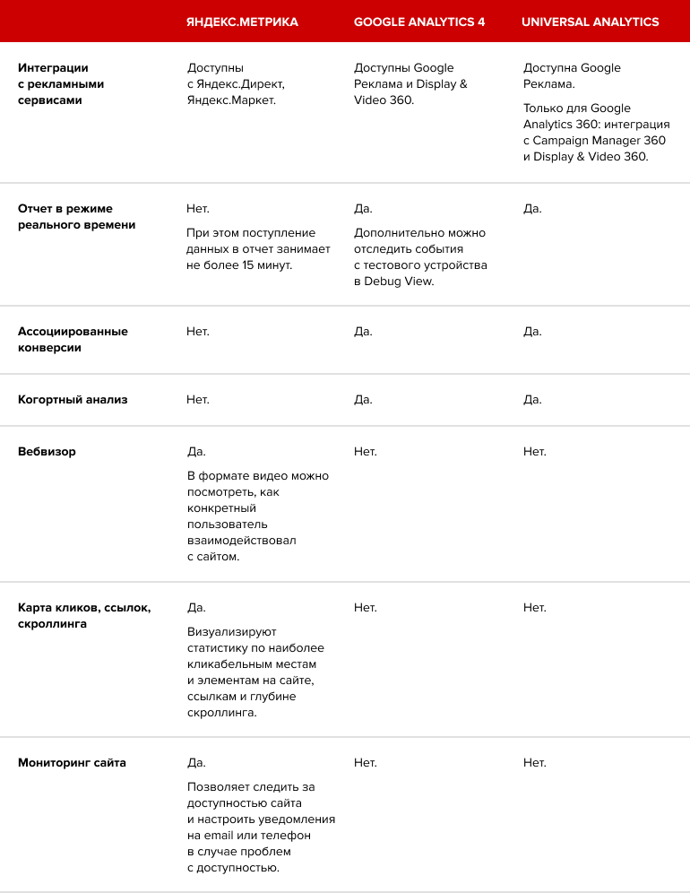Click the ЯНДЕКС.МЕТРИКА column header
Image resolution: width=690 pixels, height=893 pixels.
coord(242,22)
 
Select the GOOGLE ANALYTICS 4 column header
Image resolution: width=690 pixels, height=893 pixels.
coord(419,22)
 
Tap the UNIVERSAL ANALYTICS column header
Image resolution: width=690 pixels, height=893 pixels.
coord(591,22)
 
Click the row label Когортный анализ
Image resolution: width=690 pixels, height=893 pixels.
coord(73,400)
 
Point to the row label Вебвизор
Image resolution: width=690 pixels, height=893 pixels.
coord(47,452)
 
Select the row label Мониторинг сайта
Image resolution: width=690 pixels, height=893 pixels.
coord(72,763)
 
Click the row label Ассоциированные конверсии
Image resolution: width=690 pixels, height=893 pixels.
coord(73,340)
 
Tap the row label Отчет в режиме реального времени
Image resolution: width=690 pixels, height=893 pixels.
coord(77,217)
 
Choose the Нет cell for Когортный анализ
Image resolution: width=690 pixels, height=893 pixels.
coord(198,400)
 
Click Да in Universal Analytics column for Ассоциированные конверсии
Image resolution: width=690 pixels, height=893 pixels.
coord(532,332)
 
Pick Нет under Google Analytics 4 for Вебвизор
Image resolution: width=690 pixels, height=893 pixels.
coord(365,452)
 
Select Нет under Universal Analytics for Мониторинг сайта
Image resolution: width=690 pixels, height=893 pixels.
coord(534,763)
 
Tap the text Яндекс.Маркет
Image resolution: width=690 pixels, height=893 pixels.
coord(231,100)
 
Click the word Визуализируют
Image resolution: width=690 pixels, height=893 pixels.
coord(232,632)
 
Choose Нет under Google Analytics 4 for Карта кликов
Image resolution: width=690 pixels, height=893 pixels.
coord(365,608)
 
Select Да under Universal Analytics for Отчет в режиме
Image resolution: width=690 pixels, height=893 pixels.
coord(532,209)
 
